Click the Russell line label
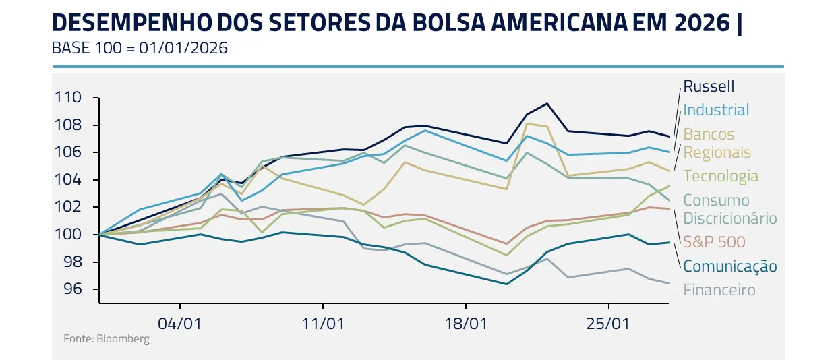tap(709, 86)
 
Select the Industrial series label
tap(716, 110)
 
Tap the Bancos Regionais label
tap(717, 143)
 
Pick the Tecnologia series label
tap(721, 176)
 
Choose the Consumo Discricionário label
tap(729, 209)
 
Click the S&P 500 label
tap(714, 241)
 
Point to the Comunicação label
tap(729, 266)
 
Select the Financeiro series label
tap(719, 290)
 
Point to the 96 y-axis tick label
tap(72, 289)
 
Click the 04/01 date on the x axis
tap(180, 323)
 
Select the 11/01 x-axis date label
tap(323, 323)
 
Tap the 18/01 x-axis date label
tap(466, 323)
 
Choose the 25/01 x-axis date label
tap(609, 323)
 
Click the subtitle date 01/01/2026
tap(183, 49)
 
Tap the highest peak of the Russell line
tap(547, 103)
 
